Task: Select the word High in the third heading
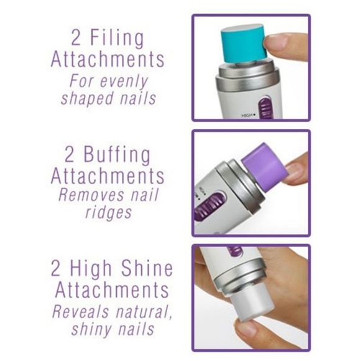point(101,269)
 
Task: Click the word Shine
point(149,269)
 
